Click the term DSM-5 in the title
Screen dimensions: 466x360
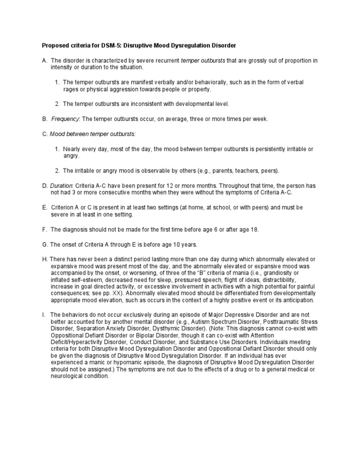(108, 45)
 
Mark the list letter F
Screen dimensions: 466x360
(44, 229)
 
